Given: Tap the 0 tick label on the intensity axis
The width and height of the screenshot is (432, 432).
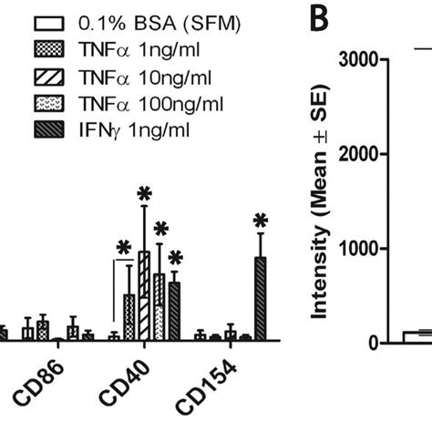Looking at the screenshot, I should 371,343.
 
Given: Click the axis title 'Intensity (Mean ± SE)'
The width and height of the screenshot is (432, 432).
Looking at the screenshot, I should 320,200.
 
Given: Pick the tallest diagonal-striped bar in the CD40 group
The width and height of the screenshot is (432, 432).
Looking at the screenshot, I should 143,295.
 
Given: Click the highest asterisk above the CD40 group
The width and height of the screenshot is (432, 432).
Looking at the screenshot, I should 142,194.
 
